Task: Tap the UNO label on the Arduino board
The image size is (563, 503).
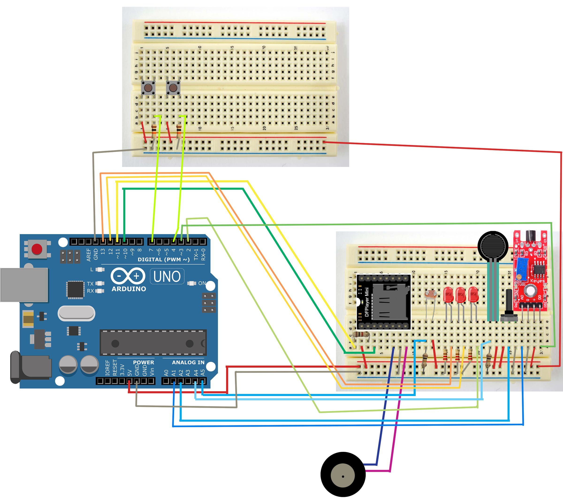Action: coord(167,276)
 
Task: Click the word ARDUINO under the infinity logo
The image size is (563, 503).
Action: coord(129,289)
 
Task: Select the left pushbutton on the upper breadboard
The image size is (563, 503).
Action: coord(148,88)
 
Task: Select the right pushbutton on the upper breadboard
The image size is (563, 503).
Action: coord(173,88)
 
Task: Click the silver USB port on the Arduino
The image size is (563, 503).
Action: coord(24,285)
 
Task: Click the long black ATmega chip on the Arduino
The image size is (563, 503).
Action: coord(153,343)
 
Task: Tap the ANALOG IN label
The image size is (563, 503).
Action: coord(188,362)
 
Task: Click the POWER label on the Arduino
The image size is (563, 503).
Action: coord(143,362)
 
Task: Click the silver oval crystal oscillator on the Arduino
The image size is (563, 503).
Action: coord(76,313)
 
